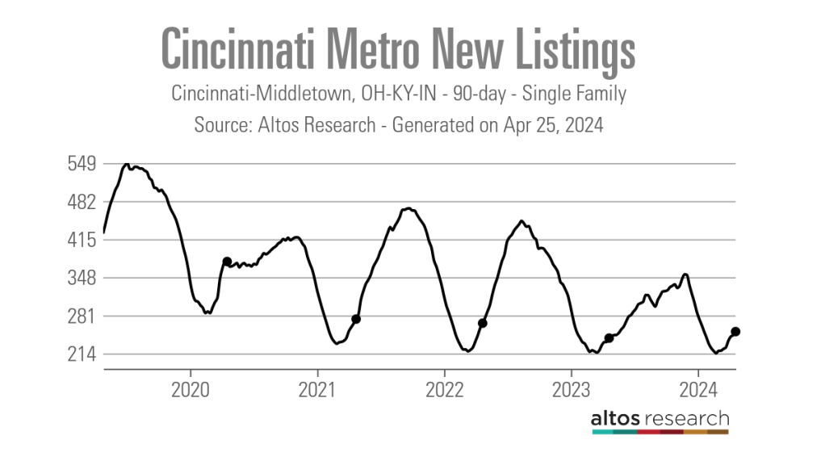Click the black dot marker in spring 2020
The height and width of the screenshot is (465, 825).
click(x=227, y=262)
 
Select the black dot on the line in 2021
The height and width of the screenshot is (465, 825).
click(x=356, y=319)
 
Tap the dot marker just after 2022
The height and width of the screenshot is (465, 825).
click(x=483, y=323)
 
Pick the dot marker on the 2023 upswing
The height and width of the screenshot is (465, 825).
click(x=609, y=338)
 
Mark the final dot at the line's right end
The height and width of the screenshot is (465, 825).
click(x=735, y=331)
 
